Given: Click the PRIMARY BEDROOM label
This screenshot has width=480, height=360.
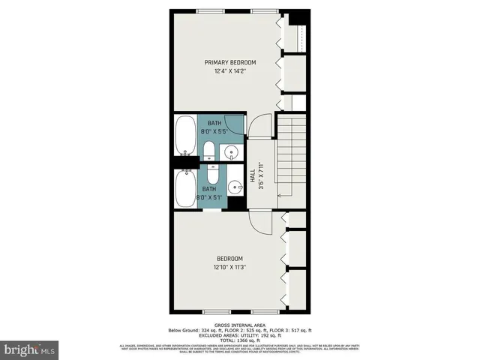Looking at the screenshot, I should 231,62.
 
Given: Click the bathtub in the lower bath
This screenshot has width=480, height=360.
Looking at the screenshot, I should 185,189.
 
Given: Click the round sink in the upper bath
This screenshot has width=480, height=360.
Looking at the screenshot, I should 232,152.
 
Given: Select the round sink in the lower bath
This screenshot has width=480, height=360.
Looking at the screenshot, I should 232,187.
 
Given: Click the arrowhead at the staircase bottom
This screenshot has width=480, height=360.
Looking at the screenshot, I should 280,195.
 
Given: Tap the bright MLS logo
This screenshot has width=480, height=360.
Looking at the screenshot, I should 30,349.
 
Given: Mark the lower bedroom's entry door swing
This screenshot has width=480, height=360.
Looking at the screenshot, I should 259,223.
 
